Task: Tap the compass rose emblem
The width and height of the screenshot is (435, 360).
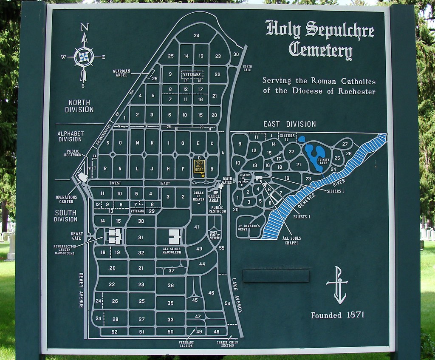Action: coord(84,57)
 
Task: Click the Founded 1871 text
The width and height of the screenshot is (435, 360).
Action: coord(337,315)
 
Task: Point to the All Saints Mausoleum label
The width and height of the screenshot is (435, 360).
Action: coord(172,250)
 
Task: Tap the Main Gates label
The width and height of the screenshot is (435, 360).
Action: coord(227,180)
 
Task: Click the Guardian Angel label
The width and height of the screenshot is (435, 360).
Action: coord(121,73)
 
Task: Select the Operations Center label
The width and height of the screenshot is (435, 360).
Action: coord(66,199)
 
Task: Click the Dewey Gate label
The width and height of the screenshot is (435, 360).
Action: coord(77,235)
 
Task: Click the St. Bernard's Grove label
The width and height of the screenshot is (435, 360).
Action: coord(249,227)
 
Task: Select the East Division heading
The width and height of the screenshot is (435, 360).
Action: coord(289,124)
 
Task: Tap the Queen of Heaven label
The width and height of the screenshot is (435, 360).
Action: coord(199,196)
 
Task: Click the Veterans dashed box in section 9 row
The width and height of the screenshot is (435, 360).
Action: coord(192,74)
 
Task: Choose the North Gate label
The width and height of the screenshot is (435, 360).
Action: coord(247,68)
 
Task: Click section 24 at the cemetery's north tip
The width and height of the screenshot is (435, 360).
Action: coord(196,35)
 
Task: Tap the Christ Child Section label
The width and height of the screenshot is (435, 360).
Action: coord(227,343)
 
